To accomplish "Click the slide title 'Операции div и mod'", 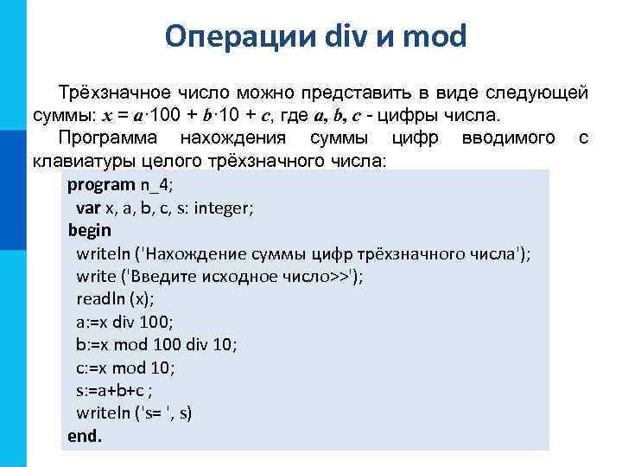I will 316,36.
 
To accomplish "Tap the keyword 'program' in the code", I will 101,184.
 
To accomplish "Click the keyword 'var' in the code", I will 88,208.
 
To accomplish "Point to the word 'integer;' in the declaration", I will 227,208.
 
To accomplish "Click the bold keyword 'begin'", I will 90,230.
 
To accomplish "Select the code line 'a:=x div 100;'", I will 124,322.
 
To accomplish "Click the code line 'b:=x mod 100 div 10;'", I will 156,344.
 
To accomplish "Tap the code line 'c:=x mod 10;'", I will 125,367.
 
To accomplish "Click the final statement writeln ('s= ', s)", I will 134,413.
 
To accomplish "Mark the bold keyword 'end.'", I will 85,435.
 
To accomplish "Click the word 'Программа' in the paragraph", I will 108,138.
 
